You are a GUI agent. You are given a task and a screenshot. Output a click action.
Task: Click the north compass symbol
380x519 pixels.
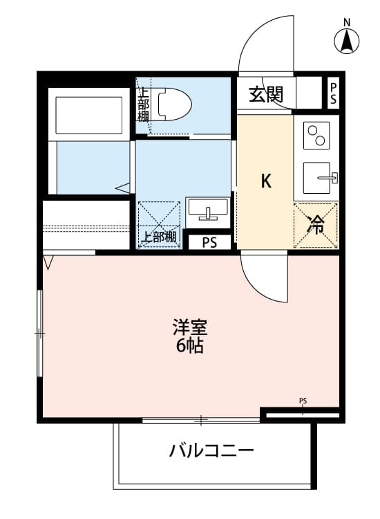click(x=347, y=39)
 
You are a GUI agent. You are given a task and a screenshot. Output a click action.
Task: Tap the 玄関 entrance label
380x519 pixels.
click(x=266, y=95)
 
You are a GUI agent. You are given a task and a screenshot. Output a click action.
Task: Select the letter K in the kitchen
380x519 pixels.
click(x=265, y=181)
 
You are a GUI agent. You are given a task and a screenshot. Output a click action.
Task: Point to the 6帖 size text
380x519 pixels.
click(x=189, y=346)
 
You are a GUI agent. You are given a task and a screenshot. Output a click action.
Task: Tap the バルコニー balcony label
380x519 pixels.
click(x=211, y=452)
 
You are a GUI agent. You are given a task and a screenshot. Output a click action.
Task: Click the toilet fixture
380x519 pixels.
click(x=173, y=104)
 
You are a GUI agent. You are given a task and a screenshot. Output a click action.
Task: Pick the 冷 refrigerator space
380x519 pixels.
click(x=316, y=224)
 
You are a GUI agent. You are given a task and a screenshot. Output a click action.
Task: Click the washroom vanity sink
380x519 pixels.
click(x=208, y=208)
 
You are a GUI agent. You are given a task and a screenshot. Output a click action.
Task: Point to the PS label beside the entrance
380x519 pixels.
click(x=334, y=93)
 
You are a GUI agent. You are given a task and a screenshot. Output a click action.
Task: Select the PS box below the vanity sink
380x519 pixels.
click(x=209, y=242)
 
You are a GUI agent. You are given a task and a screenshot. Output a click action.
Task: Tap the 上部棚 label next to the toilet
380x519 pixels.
click(x=143, y=103)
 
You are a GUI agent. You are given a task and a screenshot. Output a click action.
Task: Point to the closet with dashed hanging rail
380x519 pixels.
click(x=86, y=226)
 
